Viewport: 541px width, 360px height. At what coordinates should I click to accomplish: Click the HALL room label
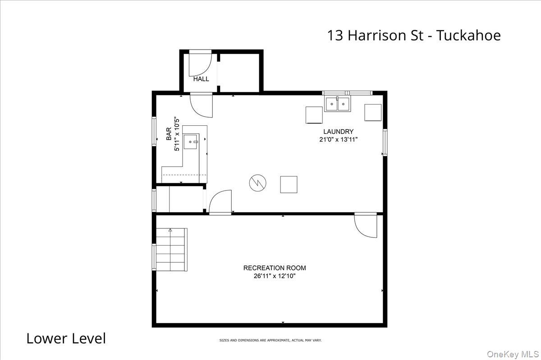pos(201,79)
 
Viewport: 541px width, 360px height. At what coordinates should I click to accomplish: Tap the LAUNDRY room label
pos(338,132)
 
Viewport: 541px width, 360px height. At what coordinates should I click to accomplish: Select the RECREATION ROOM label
pos(275,268)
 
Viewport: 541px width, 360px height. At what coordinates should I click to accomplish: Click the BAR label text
pos(169,134)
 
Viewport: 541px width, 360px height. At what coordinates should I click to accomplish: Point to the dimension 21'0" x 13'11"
pos(339,140)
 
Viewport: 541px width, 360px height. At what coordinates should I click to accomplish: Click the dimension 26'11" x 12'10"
pos(275,276)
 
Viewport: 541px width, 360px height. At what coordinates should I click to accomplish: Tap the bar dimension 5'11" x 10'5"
pos(177,134)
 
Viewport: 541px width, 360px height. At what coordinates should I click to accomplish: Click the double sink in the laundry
pos(338,104)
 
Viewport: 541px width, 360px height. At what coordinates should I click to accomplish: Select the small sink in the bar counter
pos(192,141)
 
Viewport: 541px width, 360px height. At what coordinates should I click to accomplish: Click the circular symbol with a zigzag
pos(257,183)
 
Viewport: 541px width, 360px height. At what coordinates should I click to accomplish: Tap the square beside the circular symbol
pos(289,184)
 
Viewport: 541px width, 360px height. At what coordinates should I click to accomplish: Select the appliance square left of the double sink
pos(314,114)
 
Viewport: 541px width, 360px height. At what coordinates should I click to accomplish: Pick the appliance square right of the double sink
pos(373,113)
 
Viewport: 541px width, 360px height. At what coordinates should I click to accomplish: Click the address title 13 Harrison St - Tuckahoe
pos(413,35)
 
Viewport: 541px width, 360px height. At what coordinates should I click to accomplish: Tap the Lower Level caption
pos(66,338)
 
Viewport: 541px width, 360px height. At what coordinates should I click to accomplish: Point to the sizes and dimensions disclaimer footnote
pos(270,340)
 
